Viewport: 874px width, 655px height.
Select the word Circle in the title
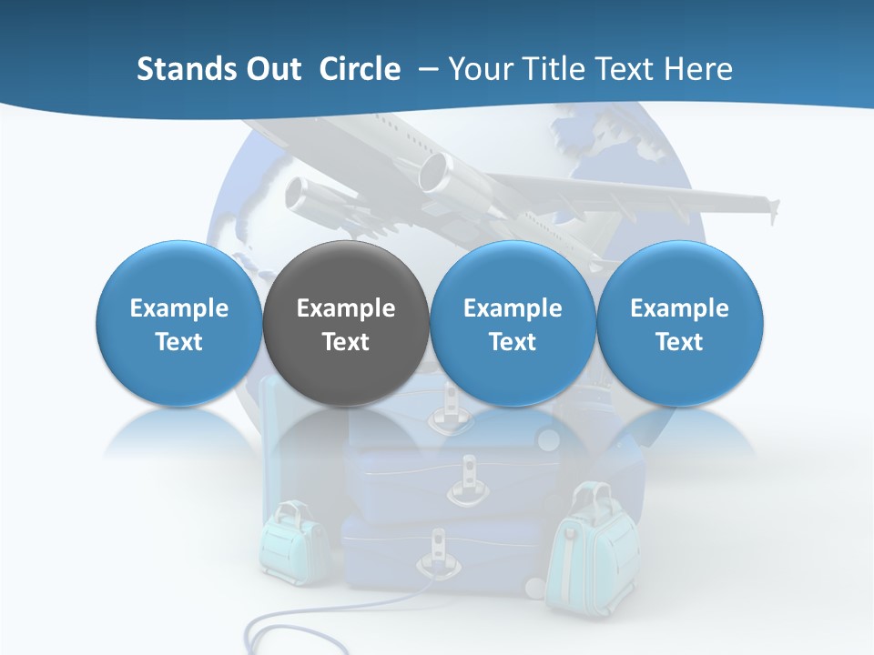pyautogui.click(x=360, y=69)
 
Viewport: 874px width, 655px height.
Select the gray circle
pyautogui.click(x=346, y=323)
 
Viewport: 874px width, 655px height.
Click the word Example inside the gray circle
pyautogui.click(x=346, y=308)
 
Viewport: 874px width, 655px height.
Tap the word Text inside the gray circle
pyautogui.click(x=346, y=342)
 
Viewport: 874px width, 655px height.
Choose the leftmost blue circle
pyautogui.click(x=179, y=323)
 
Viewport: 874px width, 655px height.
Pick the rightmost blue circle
pyautogui.click(x=680, y=323)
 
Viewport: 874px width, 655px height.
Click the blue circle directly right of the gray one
pyautogui.click(x=513, y=323)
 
